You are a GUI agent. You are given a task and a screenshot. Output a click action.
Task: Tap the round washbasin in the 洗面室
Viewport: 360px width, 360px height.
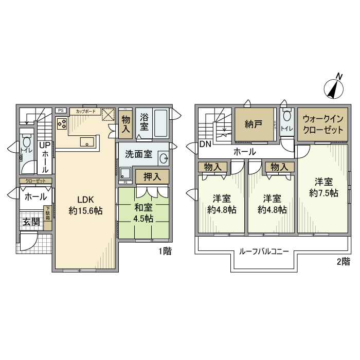click(x=163, y=158)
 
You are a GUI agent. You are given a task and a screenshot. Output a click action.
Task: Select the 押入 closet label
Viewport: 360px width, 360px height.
click(x=152, y=176)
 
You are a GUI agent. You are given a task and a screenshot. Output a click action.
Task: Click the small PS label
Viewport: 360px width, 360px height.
click(x=61, y=110)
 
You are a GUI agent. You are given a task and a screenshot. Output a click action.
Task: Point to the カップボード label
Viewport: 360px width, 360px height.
click(x=84, y=111)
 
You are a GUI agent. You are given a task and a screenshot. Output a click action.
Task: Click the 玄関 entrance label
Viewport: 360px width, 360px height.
click(x=30, y=222)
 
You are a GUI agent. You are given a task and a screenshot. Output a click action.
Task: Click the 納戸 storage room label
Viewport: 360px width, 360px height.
click(x=253, y=124)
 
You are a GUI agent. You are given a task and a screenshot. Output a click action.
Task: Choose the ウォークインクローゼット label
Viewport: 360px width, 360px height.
click(x=323, y=124)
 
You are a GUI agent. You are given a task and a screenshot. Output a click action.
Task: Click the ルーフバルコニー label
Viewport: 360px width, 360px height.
click(x=264, y=251)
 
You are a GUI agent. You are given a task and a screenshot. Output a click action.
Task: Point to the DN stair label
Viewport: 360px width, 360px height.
click(x=205, y=144)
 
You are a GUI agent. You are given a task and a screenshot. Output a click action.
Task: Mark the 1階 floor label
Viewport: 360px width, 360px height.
click(x=164, y=251)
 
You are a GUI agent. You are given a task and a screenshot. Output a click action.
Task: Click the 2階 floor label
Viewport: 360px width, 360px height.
click(x=343, y=262)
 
